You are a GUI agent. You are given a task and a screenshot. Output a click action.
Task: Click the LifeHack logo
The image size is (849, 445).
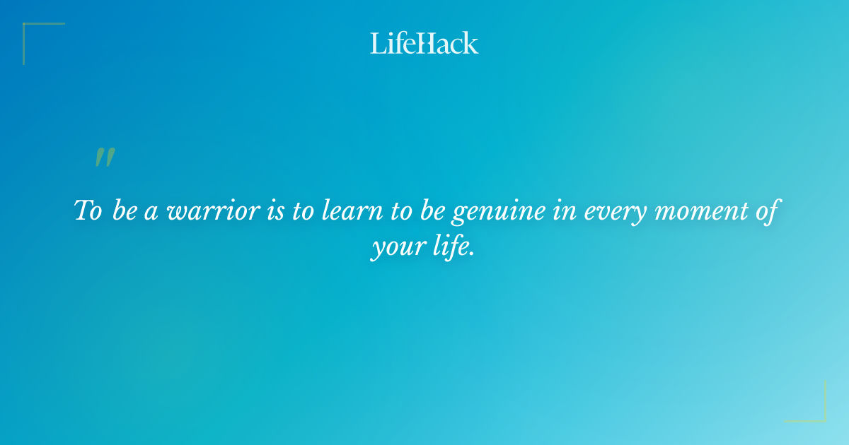pos(424,43)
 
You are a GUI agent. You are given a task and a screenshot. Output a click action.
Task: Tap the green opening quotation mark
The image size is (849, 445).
pos(104,158)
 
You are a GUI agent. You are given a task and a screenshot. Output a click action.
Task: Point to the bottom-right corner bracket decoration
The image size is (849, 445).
pos(815,411)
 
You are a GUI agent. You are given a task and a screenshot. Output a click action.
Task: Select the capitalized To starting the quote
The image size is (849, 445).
pos(88,211)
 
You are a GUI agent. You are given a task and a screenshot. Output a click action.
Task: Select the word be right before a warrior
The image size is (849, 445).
pos(125,211)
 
